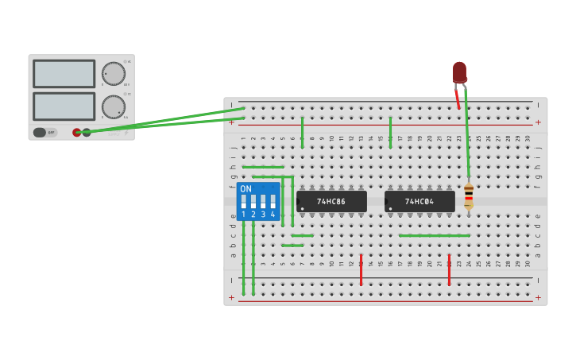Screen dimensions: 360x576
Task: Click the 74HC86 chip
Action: (x=331, y=201)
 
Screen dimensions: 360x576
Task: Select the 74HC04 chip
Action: (x=419, y=201)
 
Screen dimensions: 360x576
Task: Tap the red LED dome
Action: (x=459, y=72)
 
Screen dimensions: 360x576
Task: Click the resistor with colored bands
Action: (x=469, y=195)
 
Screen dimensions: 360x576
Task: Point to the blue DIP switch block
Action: (x=258, y=201)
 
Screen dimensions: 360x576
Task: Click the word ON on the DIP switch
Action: (x=245, y=189)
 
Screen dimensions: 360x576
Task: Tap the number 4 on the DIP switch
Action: (x=273, y=215)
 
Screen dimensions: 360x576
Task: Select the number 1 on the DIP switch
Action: (x=244, y=215)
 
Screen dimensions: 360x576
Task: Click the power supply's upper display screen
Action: (x=64, y=74)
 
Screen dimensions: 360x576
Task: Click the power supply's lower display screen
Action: (x=64, y=106)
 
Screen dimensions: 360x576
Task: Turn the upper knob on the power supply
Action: (x=114, y=74)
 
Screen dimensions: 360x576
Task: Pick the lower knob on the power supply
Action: (x=114, y=106)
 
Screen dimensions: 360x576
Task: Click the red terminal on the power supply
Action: (x=77, y=132)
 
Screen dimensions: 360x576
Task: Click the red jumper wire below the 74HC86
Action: (x=361, y=270)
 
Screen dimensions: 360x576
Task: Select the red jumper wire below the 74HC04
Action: (x=449, y=270)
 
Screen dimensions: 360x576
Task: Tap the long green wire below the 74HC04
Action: (x=434, y=235)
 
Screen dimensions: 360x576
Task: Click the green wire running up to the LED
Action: (x=467, y=135)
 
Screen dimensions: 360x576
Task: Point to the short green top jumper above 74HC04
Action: (x=390, y=131)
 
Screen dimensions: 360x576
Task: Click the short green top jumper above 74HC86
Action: (x=302, y=131)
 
